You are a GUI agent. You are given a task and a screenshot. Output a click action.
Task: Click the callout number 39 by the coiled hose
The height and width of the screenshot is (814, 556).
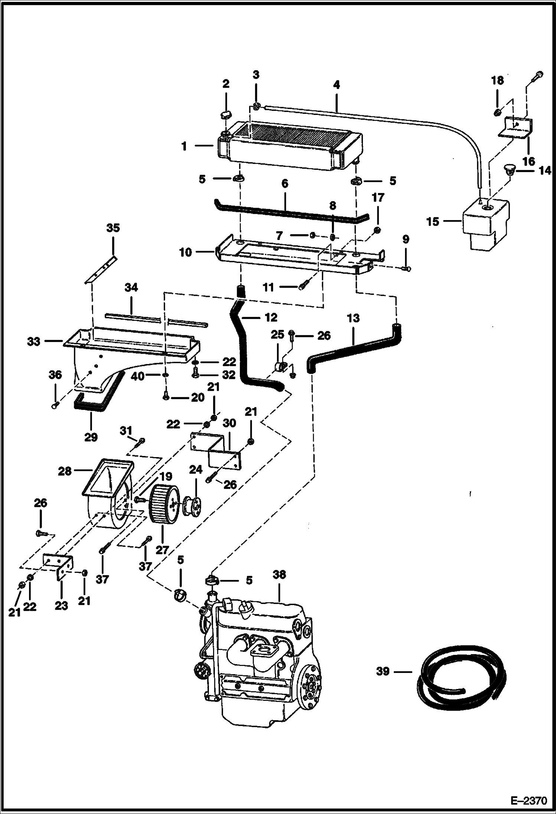(383, 671)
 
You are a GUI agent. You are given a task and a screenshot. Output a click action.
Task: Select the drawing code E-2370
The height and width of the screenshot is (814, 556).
(529, 800)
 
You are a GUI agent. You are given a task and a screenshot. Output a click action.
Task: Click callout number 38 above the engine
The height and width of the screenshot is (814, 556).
(279, 575)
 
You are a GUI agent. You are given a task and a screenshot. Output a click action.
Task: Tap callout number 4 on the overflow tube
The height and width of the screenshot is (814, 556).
(336, 85)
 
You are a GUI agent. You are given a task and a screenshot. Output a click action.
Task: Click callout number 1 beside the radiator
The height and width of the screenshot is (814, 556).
(184, 146)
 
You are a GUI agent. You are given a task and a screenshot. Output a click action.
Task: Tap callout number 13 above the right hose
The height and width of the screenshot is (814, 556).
(353, 318)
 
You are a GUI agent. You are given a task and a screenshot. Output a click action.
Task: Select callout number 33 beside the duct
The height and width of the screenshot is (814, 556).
(33, 341)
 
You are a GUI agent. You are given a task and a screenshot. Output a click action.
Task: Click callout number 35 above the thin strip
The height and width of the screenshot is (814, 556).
(113, 228)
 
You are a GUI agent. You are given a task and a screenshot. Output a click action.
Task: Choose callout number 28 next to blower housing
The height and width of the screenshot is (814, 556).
(65, 472)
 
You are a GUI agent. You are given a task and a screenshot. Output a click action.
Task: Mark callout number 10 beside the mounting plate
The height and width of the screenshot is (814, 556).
(186, 252)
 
